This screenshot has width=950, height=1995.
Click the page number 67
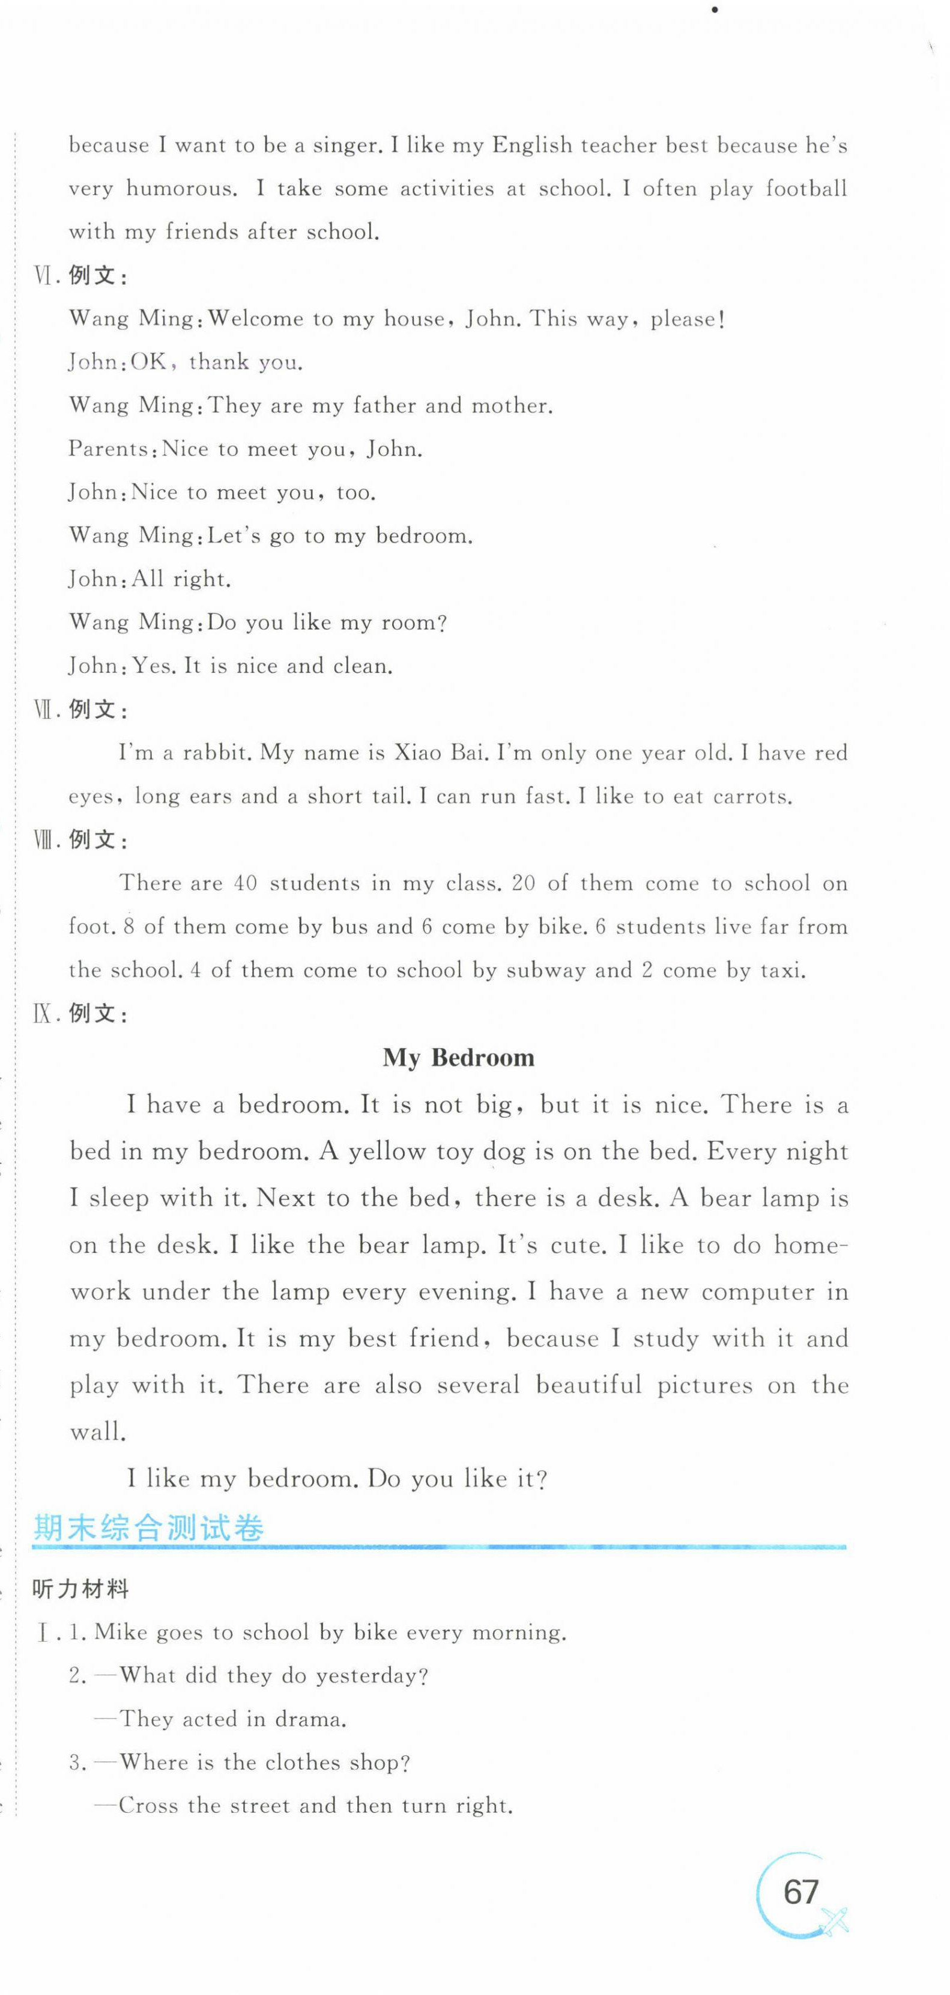point(800,1893)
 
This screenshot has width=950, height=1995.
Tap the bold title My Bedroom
point(458,1058)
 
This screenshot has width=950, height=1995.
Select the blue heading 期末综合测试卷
point(149,1528)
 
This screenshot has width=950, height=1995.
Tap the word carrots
point(752,797)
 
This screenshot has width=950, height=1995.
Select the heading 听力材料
point(80,1590)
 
